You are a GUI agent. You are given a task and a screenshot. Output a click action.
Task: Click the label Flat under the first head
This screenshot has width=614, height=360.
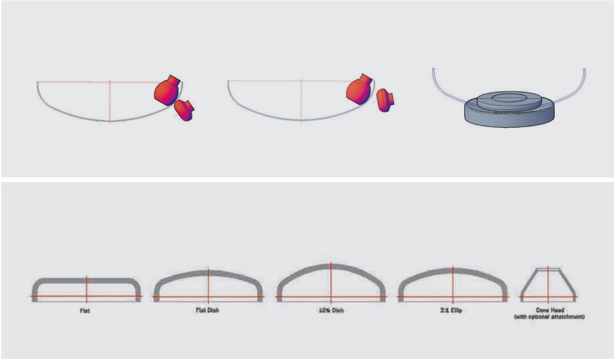coord(85,311)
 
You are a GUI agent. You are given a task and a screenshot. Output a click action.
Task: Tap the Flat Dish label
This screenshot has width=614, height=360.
coord(207,310)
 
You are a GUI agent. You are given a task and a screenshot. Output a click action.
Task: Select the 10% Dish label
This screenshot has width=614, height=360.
coord(331,310)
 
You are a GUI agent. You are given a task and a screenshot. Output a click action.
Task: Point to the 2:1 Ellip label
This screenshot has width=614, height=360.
coord(451,310)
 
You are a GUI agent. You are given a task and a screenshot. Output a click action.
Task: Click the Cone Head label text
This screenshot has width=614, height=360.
coord(550,310)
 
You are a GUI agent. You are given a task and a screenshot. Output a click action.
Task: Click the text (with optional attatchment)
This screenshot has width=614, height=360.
coord(549,316)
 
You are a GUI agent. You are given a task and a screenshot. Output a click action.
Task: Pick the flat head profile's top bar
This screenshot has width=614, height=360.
coord(86,280)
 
